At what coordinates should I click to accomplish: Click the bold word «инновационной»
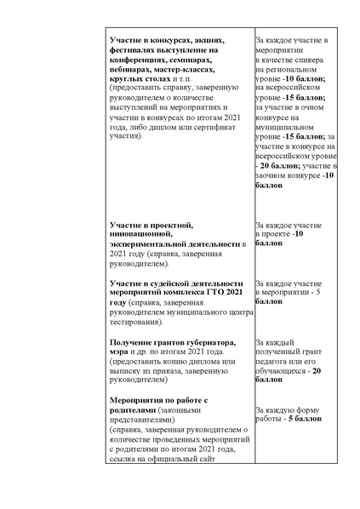[139, 234]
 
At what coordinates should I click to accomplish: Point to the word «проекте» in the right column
[271, 234]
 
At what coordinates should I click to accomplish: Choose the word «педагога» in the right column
[271, 360]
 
